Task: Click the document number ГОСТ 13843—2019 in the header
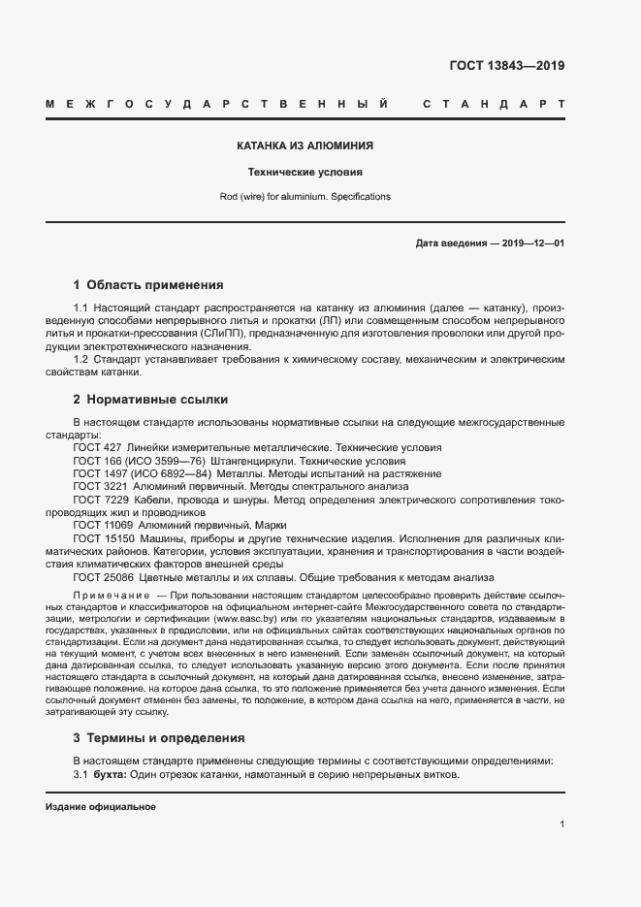pos(506,66)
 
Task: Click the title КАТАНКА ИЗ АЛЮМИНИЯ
pos(305,146)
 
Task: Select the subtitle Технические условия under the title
pos(305,172)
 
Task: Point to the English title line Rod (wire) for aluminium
pos(305,196)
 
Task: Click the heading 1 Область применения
pos(148,285)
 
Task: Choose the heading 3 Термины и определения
pos(159,738)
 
